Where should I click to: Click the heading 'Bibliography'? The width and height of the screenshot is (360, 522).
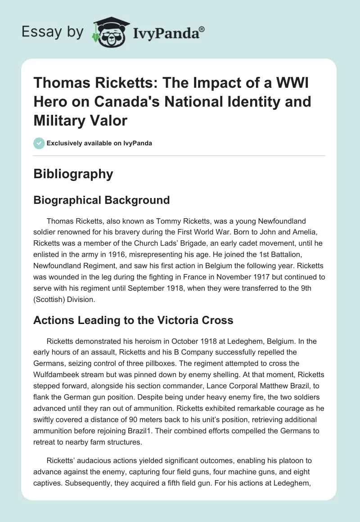pyautogui.click(x=73, y=174)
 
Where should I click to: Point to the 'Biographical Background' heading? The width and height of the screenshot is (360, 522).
pyautogui.click(x=101, y=200)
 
